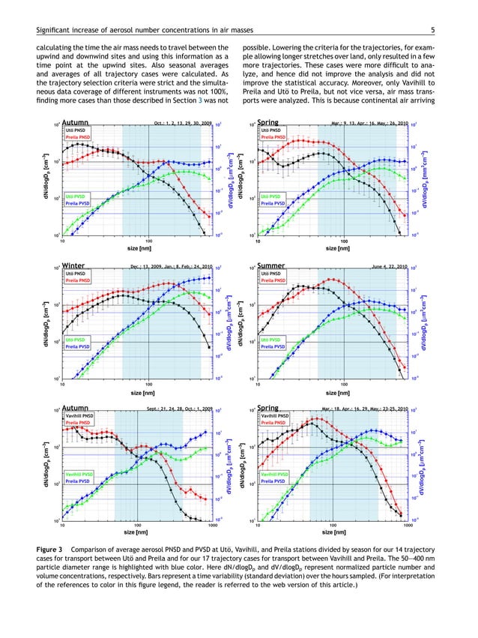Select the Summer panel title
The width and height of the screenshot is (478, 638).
[x=270, y=265]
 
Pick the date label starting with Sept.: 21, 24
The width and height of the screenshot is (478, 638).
[x=181, y=409]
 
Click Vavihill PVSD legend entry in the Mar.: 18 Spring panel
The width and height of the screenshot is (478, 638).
[x=275, y=475]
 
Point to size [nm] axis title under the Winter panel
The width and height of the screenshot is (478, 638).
[x=142, y=392]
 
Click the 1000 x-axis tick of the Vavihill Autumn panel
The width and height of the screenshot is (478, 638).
[x=213, y=526]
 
